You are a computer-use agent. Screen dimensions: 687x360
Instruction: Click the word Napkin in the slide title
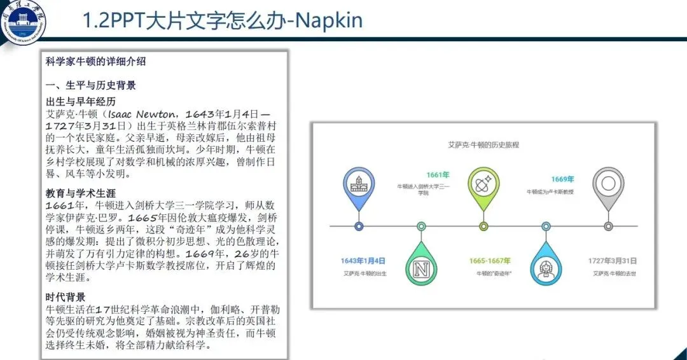pos(328,20)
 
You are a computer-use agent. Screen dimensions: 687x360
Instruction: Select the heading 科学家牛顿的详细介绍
pos(96,62)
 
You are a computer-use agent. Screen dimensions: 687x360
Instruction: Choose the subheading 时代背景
pos(66,297)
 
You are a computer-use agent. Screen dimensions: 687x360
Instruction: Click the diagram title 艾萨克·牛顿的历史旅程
pos(483,145)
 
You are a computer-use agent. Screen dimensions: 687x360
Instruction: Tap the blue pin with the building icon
pos(359,184)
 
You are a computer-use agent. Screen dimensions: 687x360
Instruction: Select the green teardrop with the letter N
pos(421,268)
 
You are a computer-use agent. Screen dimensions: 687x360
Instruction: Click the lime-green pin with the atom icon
pos(483,184)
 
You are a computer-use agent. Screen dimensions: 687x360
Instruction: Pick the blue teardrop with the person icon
pos(546,268)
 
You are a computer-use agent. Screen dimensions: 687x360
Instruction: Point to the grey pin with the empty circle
pos(608,184)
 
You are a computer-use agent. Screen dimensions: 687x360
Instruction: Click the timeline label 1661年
pos(438,175)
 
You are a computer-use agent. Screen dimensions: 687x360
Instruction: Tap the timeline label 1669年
pos(562,179)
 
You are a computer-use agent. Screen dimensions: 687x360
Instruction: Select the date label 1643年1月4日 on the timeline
pos(363,261)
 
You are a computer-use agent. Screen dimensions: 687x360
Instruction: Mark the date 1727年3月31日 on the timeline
pos(613,261)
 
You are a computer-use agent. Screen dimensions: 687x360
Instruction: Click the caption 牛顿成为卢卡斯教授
pos(550,191)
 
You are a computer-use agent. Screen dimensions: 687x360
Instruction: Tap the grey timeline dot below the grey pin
pos(608,226)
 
